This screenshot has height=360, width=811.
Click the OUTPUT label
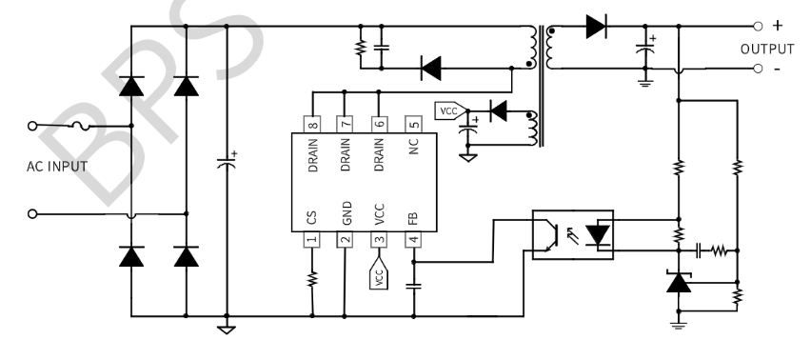[x=767, y=49]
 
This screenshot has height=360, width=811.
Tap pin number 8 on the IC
[x=311, y=123]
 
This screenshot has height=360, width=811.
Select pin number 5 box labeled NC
[x=413, y=123]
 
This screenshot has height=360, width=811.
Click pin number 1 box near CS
[x=311, y=240]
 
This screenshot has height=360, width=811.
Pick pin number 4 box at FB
[x=413, y=240]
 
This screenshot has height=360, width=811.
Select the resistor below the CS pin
[x=311, y=279]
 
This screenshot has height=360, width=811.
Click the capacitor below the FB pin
[x=413, y=284]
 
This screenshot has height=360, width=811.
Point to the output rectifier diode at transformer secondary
[x=597, y=27]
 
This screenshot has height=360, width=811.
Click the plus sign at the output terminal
[x=778, y=27]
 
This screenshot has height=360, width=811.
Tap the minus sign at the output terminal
[x=778, y=69]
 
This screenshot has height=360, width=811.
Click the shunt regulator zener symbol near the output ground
[x=678, y=283]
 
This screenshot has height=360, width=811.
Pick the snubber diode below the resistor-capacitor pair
[x=431, y=68]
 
